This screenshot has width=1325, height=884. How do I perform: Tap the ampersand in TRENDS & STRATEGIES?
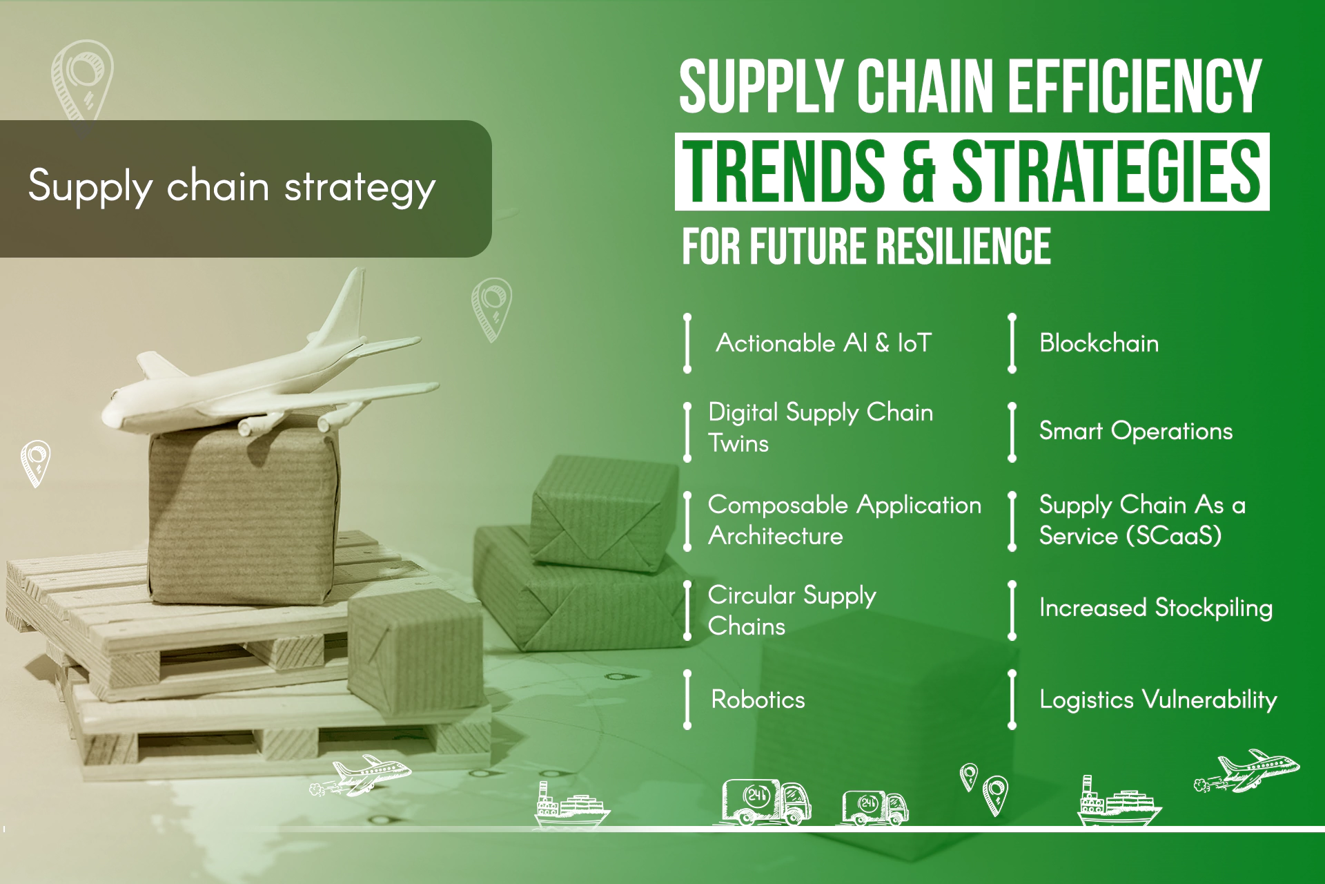tap(918, 171)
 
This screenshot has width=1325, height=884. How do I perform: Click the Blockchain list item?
tap(1099, 343)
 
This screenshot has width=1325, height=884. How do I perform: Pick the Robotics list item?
tap(758, 700)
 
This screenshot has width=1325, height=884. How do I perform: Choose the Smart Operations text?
tap(1135, 432)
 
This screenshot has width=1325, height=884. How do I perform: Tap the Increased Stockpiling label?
tap(1155, 608)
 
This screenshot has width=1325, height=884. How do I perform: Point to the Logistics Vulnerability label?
tap(1157, 700)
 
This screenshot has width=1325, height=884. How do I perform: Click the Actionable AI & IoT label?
tap(823, 343)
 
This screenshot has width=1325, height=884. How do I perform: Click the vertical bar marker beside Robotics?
tap(687, 699)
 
